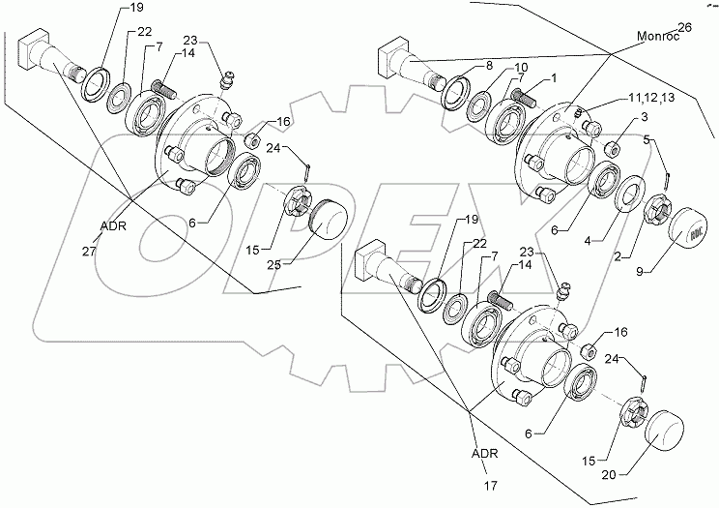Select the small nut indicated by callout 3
(x=610, y=149)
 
